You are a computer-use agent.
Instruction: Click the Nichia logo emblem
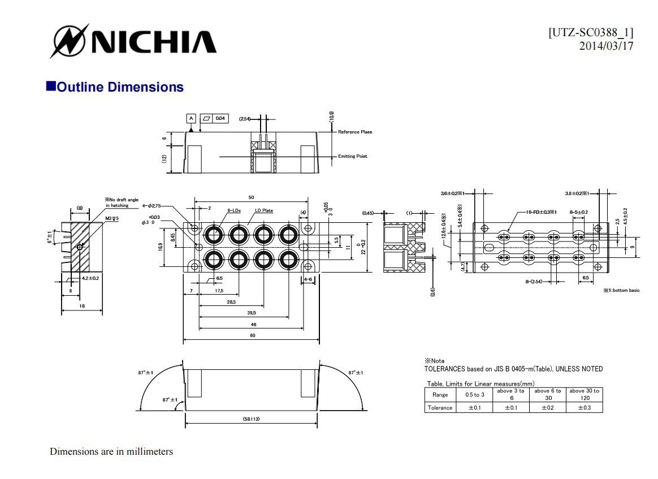coord(69,41)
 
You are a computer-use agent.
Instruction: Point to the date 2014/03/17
coord(606,46)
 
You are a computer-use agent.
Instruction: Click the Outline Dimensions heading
coord(120,87)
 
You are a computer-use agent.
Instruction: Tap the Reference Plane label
coord(355,132)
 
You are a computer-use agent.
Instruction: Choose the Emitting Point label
coord(353,156)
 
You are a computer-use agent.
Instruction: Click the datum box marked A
coord(191,118)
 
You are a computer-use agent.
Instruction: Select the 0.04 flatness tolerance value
coord(220,118)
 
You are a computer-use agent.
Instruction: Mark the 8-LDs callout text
coord(234,210)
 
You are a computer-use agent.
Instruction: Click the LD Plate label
coord(264,210)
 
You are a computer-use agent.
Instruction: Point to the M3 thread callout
coord(111,218)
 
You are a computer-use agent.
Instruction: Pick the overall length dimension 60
coord(252,336)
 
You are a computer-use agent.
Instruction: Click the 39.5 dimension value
coord(252,312)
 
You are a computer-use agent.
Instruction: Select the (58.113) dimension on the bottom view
coord(252,419)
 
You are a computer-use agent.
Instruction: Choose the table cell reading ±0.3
coord(584,408)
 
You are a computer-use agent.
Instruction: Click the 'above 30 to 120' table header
coord(584,394)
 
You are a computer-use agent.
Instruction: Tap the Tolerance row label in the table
coord(440,408)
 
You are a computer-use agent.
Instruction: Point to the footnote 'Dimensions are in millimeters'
coord(111,452)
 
